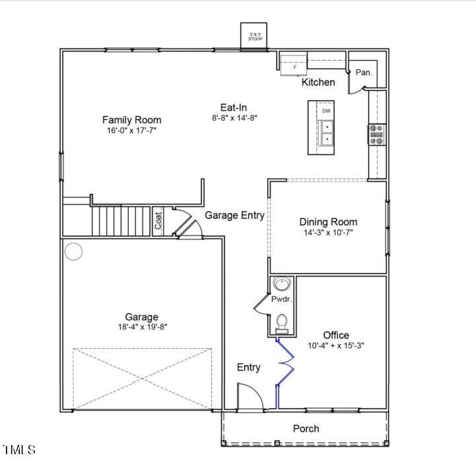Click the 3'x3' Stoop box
(255, 37)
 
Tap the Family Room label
(131, 119)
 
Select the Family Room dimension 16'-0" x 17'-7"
(131, 131)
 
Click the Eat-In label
(234, 107)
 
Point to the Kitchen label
(318, 82)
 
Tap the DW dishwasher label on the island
(326, 111)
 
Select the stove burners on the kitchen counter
(377, 134)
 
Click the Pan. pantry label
(364, 73)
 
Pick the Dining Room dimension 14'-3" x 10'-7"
(328, 233)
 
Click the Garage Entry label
(234, 215)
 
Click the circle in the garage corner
(73, 251)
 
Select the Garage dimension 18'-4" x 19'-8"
(141, 327)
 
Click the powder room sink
(283, 284)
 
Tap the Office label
(336, 335)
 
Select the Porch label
(306, 428)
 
